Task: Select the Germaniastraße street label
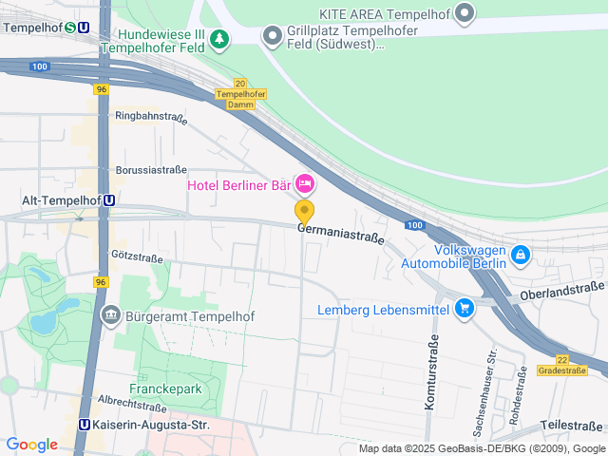click(341, 234)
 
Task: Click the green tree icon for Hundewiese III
click(219, 39)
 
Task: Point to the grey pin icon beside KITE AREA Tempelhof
click(465, 13)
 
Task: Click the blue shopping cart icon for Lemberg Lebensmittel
click(465, 308)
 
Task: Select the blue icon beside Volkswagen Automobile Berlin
click(520, 255)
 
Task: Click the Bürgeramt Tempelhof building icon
click(111, 315)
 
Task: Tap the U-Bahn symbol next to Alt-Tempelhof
click(110, 200)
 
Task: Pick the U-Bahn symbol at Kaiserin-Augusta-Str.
click(85, 426)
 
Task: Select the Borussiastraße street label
click(151, 170)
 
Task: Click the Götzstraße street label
click(132, 255)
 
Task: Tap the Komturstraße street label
click(432, 380)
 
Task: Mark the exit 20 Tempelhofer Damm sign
click(240, 93)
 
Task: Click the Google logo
click(31, 445)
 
